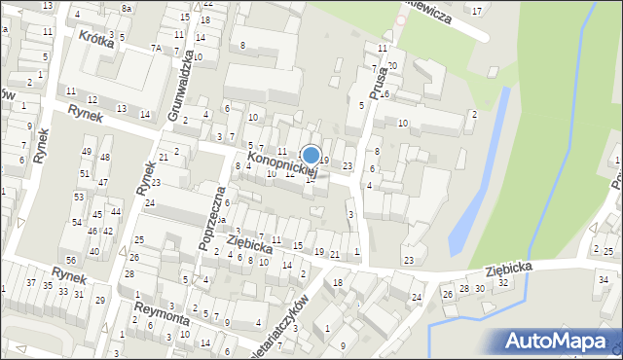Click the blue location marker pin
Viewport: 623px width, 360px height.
(311, 156)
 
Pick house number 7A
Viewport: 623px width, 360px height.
(156, 48)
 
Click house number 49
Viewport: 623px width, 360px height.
(87, 152)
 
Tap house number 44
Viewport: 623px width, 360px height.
(115, 211)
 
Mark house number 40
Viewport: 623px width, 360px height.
(93, 251)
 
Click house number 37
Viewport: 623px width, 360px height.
(33, 283)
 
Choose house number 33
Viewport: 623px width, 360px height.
(63, 291)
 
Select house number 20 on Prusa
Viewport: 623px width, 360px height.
(392, 65)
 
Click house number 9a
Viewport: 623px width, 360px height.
(222, 220)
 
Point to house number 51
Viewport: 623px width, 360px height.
(85, 174)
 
